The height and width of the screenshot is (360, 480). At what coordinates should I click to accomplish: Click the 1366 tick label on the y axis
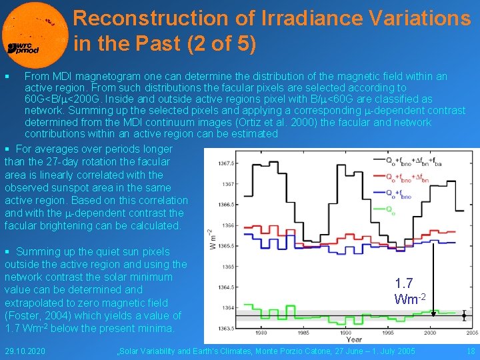pos(227,225)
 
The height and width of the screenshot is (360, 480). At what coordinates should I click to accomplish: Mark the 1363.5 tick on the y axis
pos(225,327)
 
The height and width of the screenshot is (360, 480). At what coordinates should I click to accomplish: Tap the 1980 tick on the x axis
pos(261,332)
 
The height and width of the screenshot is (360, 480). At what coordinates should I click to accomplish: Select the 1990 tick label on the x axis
pos(345,332)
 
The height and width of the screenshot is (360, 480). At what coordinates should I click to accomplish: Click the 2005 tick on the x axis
pos(471,332)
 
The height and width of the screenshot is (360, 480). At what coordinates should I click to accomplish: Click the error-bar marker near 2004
pos(464,316)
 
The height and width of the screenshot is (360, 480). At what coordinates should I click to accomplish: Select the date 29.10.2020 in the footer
pos(25,351)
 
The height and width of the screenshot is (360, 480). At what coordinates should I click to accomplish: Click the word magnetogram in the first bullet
pos(103,77)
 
